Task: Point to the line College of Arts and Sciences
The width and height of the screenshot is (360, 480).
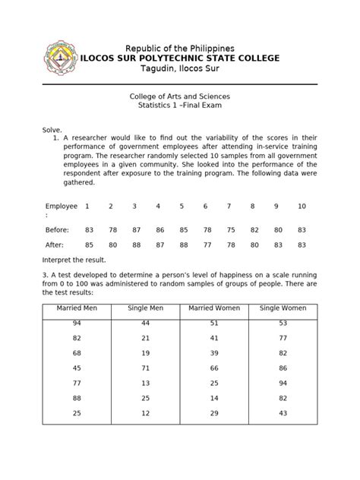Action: [x=180, y=97]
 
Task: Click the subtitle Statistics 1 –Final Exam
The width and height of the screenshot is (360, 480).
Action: [x=180, y=107]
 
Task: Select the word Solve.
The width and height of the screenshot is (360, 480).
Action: [x=52, y=131]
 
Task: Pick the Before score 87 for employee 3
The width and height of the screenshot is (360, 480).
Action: [x=134, y=229]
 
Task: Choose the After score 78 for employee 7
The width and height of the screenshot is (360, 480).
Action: [x=229, y=245]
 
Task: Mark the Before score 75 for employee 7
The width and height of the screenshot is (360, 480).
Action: [x=229, y=229]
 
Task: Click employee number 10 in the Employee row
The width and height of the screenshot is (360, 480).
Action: [x=302, y=206]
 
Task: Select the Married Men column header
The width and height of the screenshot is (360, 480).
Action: [x=77, y=309]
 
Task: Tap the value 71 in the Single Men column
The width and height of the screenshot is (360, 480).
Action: [x=145, y=367]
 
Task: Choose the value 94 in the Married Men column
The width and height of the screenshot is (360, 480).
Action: [x=77, y=323]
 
